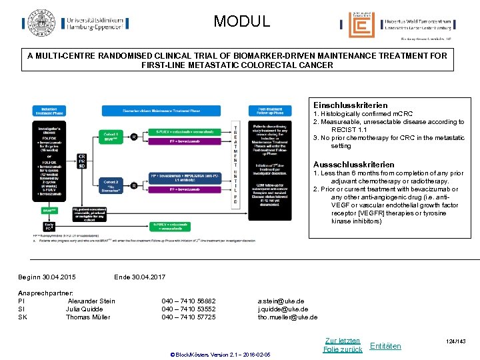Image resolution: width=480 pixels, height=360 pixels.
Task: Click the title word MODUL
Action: [x=242, y=21]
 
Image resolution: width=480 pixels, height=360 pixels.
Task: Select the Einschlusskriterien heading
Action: [x=350, y=105]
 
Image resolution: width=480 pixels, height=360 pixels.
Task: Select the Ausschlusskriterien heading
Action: [x=353, y=165]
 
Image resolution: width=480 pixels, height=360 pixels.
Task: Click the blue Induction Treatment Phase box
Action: [x=49, y=110]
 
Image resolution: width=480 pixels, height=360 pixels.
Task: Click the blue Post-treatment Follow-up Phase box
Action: [x=269, y=110]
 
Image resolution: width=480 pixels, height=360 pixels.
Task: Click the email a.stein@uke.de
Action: [x=281, y=301]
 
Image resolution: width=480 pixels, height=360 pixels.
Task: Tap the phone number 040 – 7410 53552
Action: [x=189, y=309]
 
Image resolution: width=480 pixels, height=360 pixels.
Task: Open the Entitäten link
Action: [x=385, y=346]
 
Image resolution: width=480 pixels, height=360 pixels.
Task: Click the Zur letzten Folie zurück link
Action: [x=342, y=345]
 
